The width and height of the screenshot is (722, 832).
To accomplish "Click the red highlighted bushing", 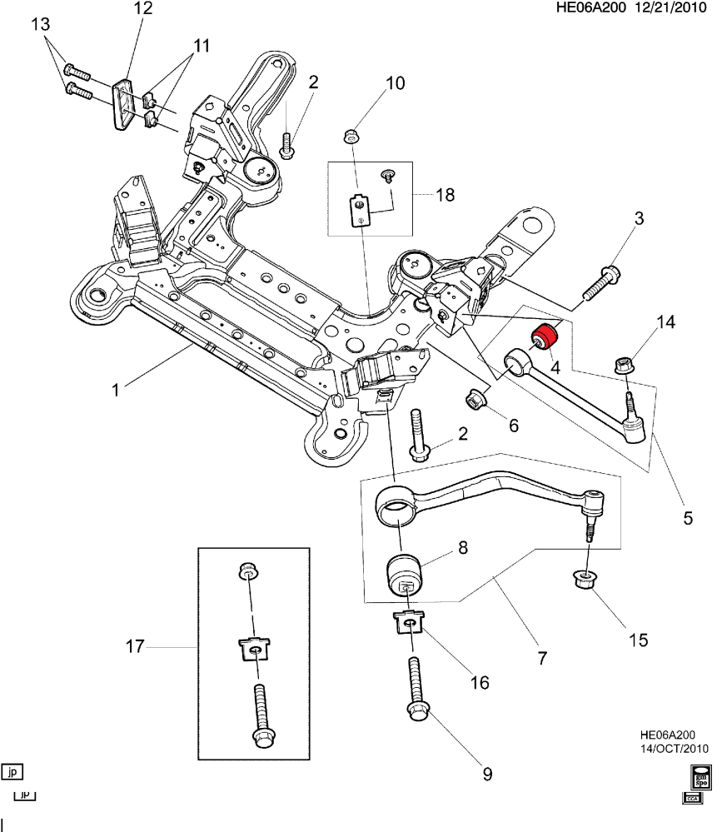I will coord(545,336).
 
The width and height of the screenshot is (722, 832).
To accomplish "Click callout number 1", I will coord(117,388).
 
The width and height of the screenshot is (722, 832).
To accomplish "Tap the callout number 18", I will coord(446,196).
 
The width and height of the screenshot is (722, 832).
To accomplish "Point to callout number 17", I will coord(135,645).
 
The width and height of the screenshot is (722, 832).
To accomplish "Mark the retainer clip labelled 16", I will coord(409,624).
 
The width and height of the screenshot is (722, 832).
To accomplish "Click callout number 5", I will coord(688,517).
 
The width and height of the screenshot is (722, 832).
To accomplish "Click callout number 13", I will coord(41,25).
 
